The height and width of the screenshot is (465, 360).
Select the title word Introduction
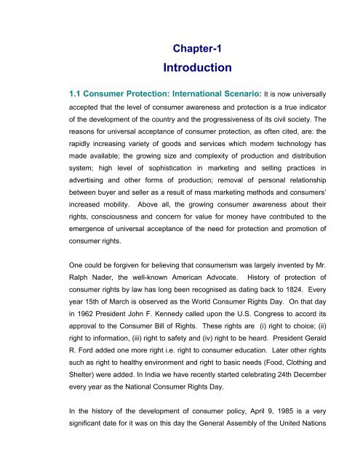coord(191,68)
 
